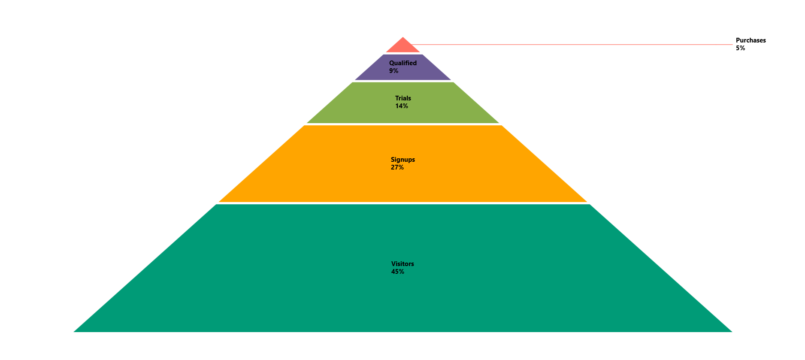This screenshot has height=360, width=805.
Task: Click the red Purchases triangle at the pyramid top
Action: (403, 47)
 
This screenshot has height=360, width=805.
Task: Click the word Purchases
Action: (751, 40)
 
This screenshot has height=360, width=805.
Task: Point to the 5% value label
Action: (740, 48)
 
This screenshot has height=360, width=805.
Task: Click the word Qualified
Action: (402, 63)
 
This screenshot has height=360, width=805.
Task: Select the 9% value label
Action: (393, 71)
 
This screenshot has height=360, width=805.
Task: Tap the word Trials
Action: (403, 98)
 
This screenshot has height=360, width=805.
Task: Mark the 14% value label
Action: (401, 106)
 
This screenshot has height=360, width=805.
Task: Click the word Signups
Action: (402, 160)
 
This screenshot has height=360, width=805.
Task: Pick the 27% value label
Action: (397, 167)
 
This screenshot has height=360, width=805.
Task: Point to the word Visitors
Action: (402, 264)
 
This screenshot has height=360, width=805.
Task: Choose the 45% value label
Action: (397, 272)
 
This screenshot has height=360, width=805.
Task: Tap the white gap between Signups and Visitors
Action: (403, 203)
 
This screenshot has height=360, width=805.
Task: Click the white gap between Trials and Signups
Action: (403, 124)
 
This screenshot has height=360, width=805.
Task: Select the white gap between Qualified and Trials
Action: (403, 81)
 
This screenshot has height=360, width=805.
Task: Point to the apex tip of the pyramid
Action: (403, 38)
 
